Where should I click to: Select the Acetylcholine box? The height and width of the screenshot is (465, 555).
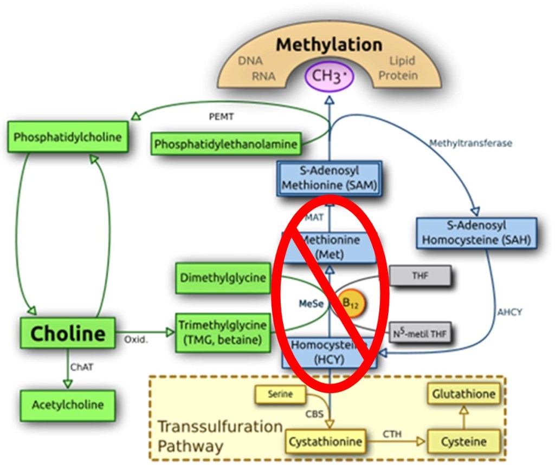67,405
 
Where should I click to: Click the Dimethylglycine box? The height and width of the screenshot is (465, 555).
223,279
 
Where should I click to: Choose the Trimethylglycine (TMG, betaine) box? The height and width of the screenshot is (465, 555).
223,332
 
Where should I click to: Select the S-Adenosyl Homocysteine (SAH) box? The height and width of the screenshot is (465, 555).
476,233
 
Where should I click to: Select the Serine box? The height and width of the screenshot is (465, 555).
279,395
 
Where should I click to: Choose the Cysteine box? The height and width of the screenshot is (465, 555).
463,442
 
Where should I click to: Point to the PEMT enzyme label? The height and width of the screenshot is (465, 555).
222,116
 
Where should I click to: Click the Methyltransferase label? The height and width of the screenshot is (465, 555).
470,143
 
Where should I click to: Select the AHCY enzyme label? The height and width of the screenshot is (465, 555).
510,312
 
